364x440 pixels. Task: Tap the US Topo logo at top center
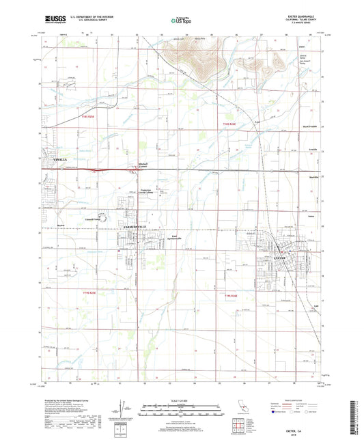181,21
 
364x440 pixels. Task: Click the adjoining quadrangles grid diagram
238,427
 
